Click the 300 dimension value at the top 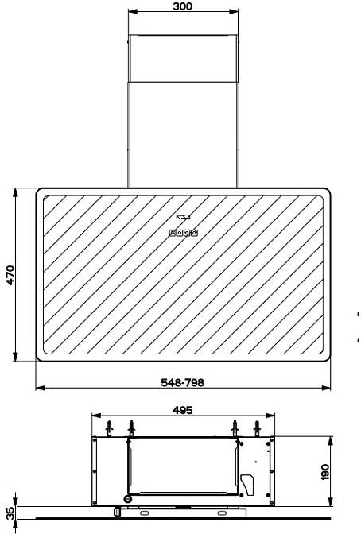coord(182,6)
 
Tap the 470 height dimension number coord(10,275)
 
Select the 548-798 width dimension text coord(182,382)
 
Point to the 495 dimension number coord(182,410)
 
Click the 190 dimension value coord(325,472)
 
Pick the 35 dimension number coord(10,513)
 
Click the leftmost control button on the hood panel coord(173,234)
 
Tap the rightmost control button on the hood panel coord(194,234)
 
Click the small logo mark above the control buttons coord(183,217)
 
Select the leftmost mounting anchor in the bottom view coord(109,428)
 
